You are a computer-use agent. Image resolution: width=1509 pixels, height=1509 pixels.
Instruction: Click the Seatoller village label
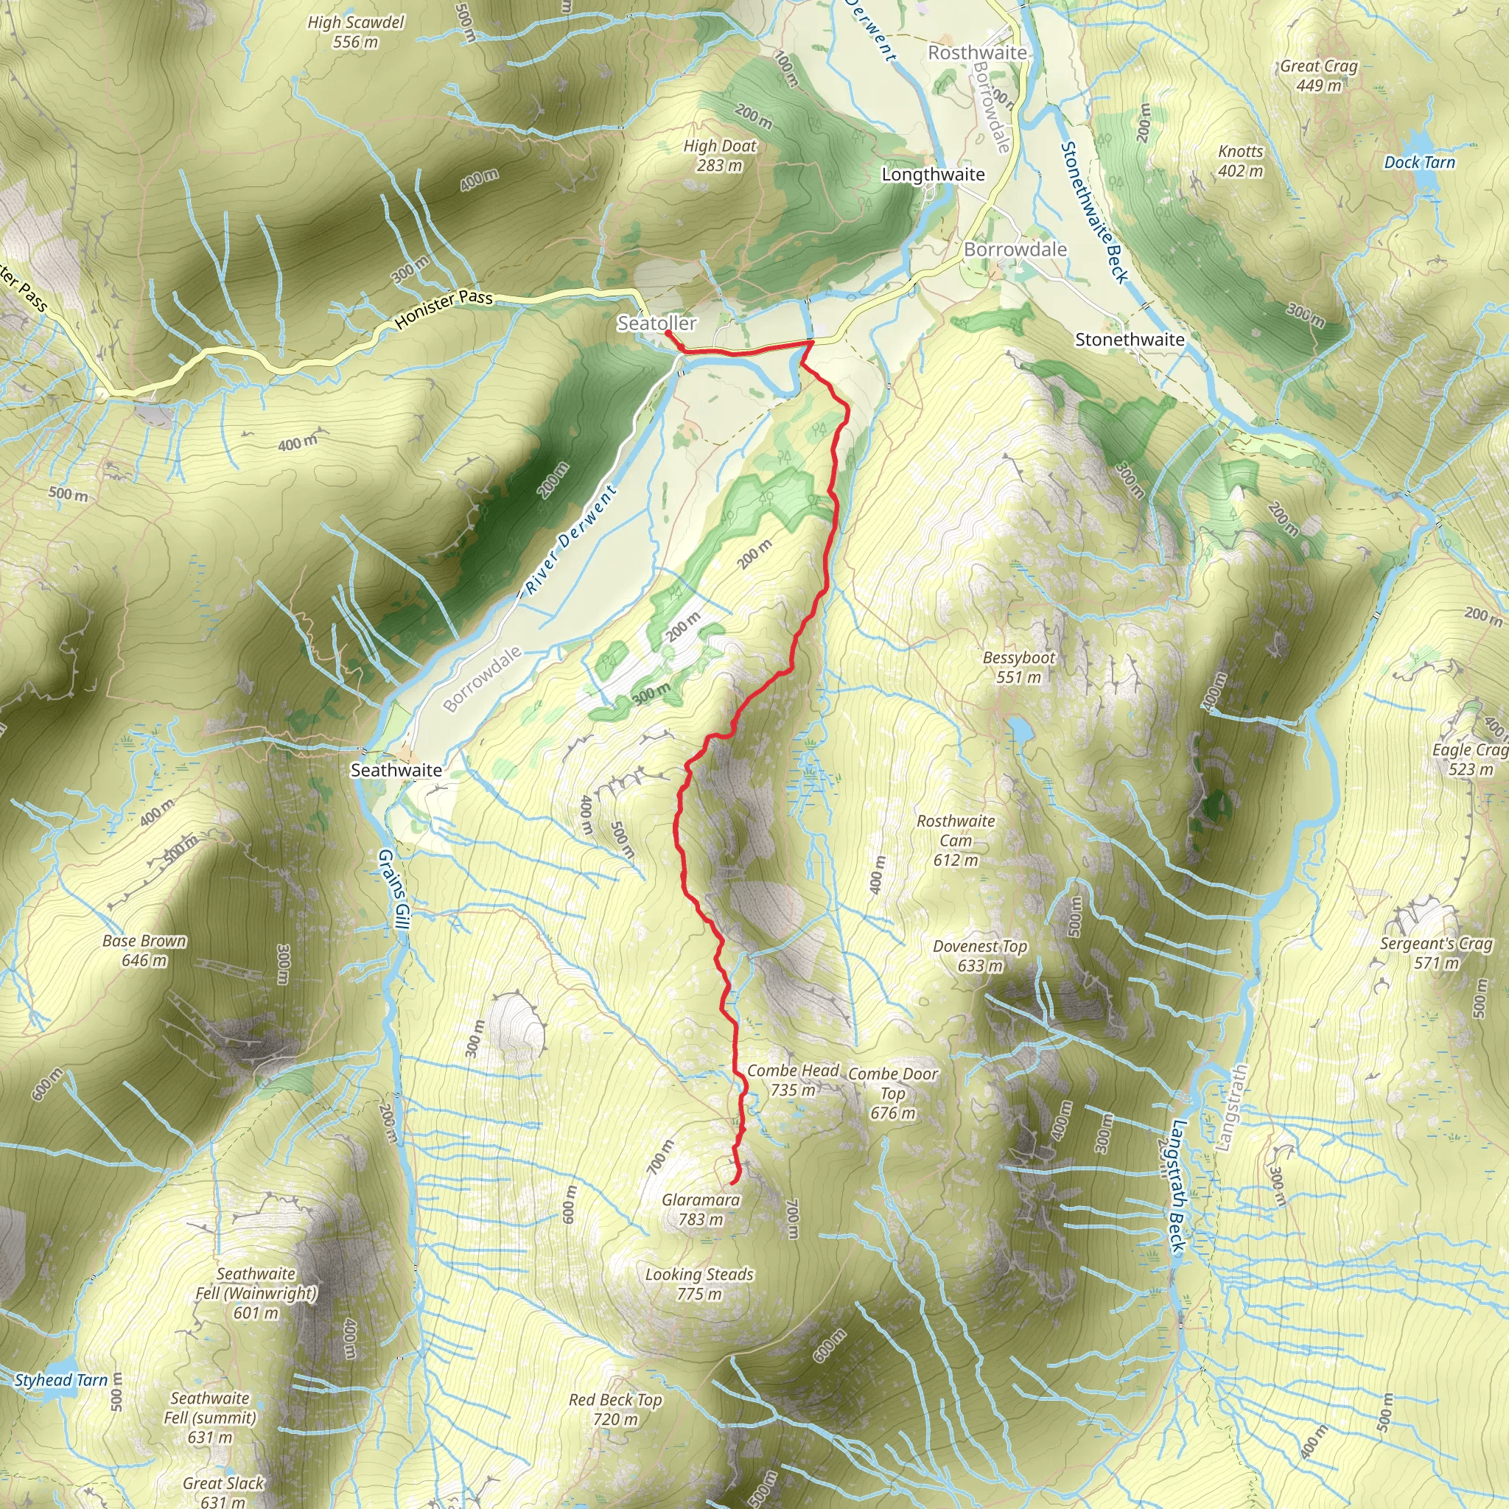[656, 323]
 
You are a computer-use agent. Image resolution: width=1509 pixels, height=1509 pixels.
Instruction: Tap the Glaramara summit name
[701, 1200]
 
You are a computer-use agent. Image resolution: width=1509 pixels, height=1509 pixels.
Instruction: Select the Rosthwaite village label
[976, 52]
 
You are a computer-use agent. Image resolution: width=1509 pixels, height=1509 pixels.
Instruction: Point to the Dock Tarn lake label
[1419, 162]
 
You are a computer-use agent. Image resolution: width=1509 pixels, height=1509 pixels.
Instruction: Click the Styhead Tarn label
[61, 1380]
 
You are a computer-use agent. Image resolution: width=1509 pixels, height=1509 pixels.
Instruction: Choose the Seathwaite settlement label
[396, 770]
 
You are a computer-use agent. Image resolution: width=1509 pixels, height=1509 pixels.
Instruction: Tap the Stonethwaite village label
[1130, 340]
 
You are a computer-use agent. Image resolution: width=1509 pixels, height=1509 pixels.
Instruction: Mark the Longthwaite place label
[933, 174]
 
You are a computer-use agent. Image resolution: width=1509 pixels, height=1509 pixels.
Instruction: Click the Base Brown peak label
[144, 941]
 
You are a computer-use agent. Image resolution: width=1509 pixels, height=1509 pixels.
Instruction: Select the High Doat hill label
[719, 146]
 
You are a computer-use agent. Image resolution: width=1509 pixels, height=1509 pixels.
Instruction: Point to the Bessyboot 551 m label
[1018, 668]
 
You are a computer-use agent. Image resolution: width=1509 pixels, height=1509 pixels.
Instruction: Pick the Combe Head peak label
[793, 1071]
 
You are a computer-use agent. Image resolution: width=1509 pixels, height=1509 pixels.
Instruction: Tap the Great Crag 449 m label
[1318, 66]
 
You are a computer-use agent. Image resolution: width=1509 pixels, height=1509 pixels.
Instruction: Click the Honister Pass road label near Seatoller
[444, 309]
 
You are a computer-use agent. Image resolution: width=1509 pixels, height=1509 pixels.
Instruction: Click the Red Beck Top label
[615, 1400]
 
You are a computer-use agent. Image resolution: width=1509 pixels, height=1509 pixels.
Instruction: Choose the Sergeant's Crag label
[1435, 944]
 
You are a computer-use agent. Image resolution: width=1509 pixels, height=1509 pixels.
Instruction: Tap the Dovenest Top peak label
[979, 947]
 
